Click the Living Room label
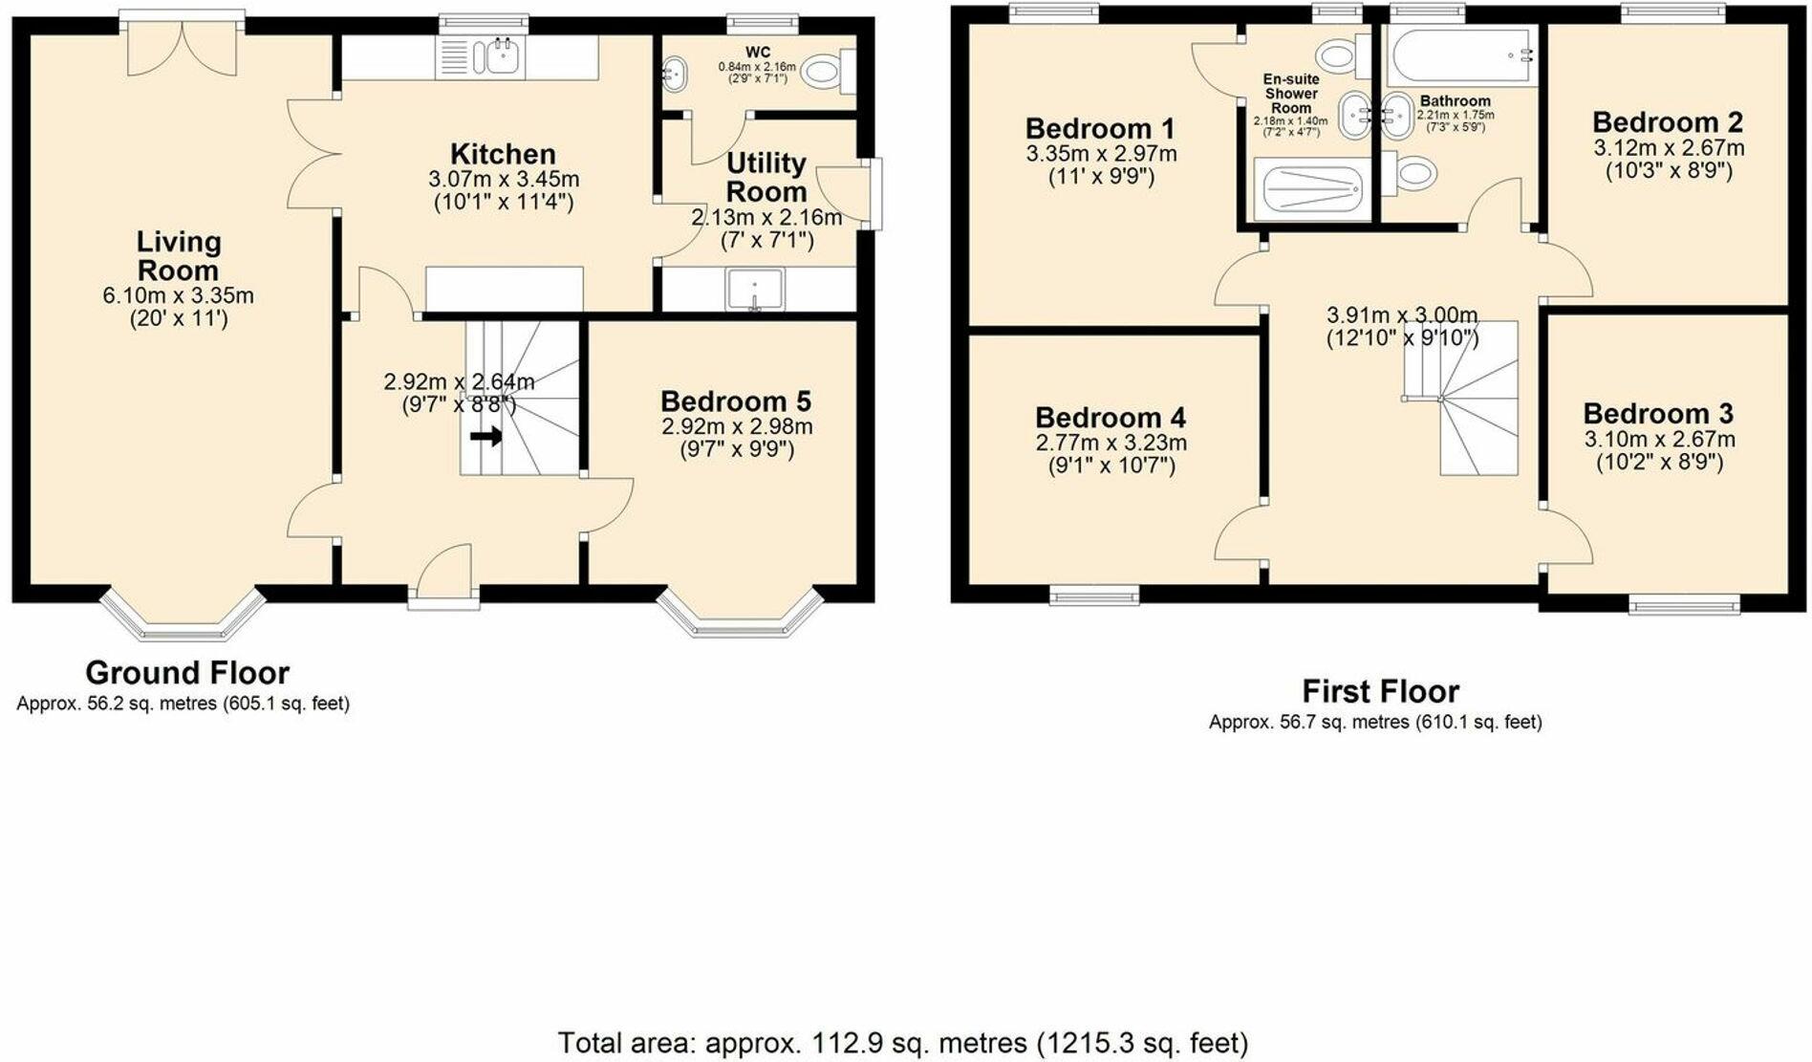pos(178,256)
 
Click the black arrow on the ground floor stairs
pos(486,437)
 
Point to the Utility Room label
pos(766,177)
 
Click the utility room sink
pos(755,290)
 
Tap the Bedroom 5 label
pos(736,401)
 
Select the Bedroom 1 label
pos(1100,128)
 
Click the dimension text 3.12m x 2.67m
pos(1668,148)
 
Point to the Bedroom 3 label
pos(1658,414)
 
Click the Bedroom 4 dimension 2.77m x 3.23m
pos(1111,443)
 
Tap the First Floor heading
pos(1380,691)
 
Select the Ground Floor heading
pos(187,673)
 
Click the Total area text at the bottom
pos(902,1042)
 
